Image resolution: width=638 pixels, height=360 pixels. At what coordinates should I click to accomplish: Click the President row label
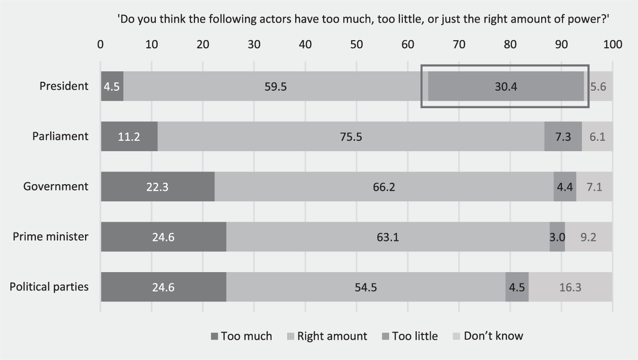(x=64, y=86)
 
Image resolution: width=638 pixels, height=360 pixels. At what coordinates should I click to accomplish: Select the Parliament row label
(x=60, y=136)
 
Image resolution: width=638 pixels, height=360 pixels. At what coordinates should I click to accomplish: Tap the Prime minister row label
(x=51, y=236)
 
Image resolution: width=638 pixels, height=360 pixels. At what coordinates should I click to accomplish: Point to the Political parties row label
(x=49, y=287)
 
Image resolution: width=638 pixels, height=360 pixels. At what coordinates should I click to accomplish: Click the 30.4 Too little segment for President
(x=506, y=86)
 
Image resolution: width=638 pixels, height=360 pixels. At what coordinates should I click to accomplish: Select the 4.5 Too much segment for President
(x=112, y=86)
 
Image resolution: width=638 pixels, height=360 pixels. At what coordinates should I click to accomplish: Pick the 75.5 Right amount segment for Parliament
(x=350, y=137)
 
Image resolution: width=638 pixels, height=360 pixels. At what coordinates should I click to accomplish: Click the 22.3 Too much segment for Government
(x=158, y=187)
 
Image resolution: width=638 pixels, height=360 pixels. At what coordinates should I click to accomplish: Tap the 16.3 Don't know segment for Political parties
(x=570, y=287)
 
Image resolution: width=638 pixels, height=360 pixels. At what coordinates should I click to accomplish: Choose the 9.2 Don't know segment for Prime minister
(x=588, y=237)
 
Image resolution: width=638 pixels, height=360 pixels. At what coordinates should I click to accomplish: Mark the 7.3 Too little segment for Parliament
(x=563, y=137)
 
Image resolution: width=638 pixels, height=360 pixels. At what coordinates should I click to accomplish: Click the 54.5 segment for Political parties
(x=366, y=287)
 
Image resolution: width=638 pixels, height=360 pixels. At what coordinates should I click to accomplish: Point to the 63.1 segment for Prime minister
(x=388, y=237)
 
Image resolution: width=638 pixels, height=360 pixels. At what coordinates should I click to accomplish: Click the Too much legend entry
(x=241, y=336)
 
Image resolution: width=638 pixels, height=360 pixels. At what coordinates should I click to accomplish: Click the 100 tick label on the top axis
(x=612, y=45)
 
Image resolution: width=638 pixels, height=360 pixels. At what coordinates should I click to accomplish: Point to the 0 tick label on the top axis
(x=101, y=45)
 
